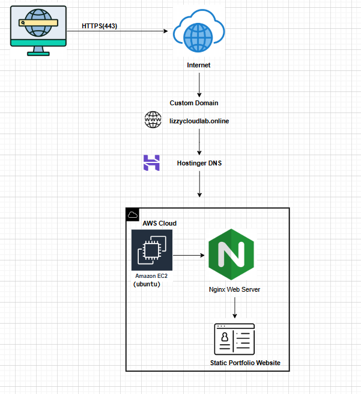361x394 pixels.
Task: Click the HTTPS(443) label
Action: (99, 26)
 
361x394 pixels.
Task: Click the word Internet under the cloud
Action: (199, 65)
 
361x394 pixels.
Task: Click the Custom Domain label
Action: (194, 103)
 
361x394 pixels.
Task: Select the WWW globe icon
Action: (153, 120)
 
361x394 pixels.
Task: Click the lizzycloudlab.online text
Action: (199, 121)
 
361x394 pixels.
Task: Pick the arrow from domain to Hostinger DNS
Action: (199, 142)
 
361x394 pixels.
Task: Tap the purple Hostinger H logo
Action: (151, 162)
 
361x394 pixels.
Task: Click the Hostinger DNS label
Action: (199, 163)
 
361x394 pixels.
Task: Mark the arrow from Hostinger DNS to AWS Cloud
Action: (199, 185)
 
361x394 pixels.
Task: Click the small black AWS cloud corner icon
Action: (133, 215)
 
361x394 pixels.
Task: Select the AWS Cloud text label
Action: (159, 223)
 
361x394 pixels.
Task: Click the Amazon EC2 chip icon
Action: (152, 250)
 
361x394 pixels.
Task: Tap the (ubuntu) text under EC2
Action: (147, 284)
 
